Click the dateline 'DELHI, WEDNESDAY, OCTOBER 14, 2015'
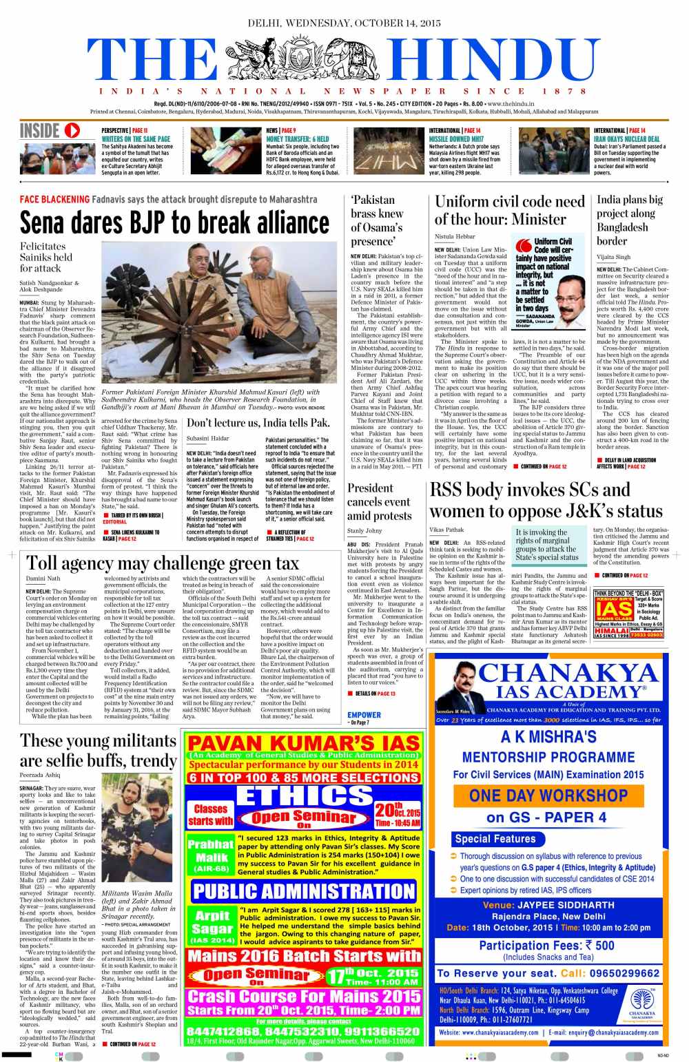click(344, 23)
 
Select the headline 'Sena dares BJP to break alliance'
click(174, 222)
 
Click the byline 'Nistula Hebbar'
click(455, 236)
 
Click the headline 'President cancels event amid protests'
click(379, 501)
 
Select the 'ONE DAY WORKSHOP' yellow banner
click(548, 795)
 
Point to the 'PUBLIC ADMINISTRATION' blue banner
click(304, 891)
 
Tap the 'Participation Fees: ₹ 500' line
click(547, 946)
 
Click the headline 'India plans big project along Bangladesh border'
click(630, 220)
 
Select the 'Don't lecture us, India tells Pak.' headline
click(258, 423)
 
